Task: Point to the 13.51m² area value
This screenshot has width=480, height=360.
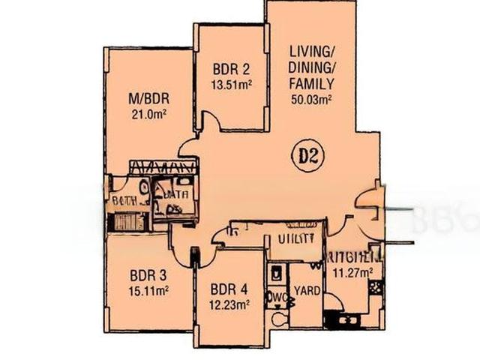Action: click(x=231, y=84)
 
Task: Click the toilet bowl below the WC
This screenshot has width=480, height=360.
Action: click(x=277, y=319)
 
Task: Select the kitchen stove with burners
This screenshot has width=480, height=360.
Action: click(x=375, y=286)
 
